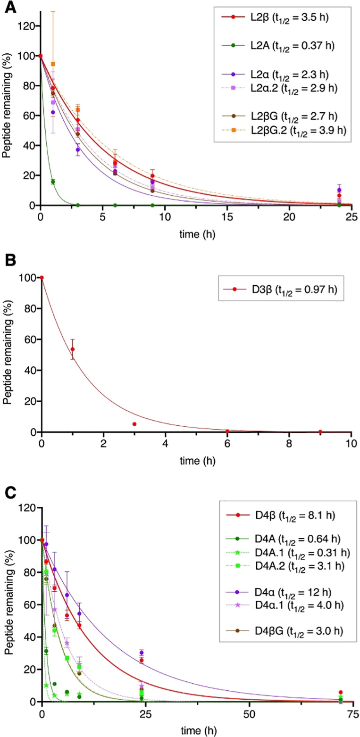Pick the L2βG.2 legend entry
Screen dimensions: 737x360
pyautogui.click(x=283, y=134)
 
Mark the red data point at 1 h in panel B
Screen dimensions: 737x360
pyautogui.click(x=72, y=349)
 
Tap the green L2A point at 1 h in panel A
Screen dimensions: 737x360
pyautogui.click(x=53, y=182)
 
